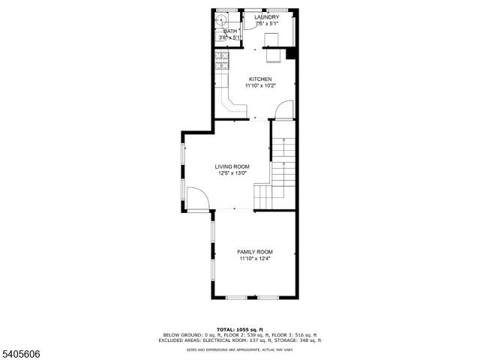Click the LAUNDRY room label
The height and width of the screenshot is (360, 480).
click(267, 17)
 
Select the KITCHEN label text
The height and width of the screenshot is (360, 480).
click(260, 79)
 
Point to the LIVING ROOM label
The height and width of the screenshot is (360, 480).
click(232, 166)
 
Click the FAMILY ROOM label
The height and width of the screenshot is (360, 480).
click(255, 252)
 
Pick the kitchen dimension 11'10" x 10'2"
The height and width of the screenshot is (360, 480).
click(260, 85)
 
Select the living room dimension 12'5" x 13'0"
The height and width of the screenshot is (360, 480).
click(232, 173)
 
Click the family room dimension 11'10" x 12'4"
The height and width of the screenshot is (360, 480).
click(255, 259)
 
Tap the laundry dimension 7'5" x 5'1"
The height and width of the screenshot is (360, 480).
click(267, 24)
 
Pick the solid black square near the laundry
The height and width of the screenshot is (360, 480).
click(291, 54)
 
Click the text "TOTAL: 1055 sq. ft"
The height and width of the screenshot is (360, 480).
click(241, 329)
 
